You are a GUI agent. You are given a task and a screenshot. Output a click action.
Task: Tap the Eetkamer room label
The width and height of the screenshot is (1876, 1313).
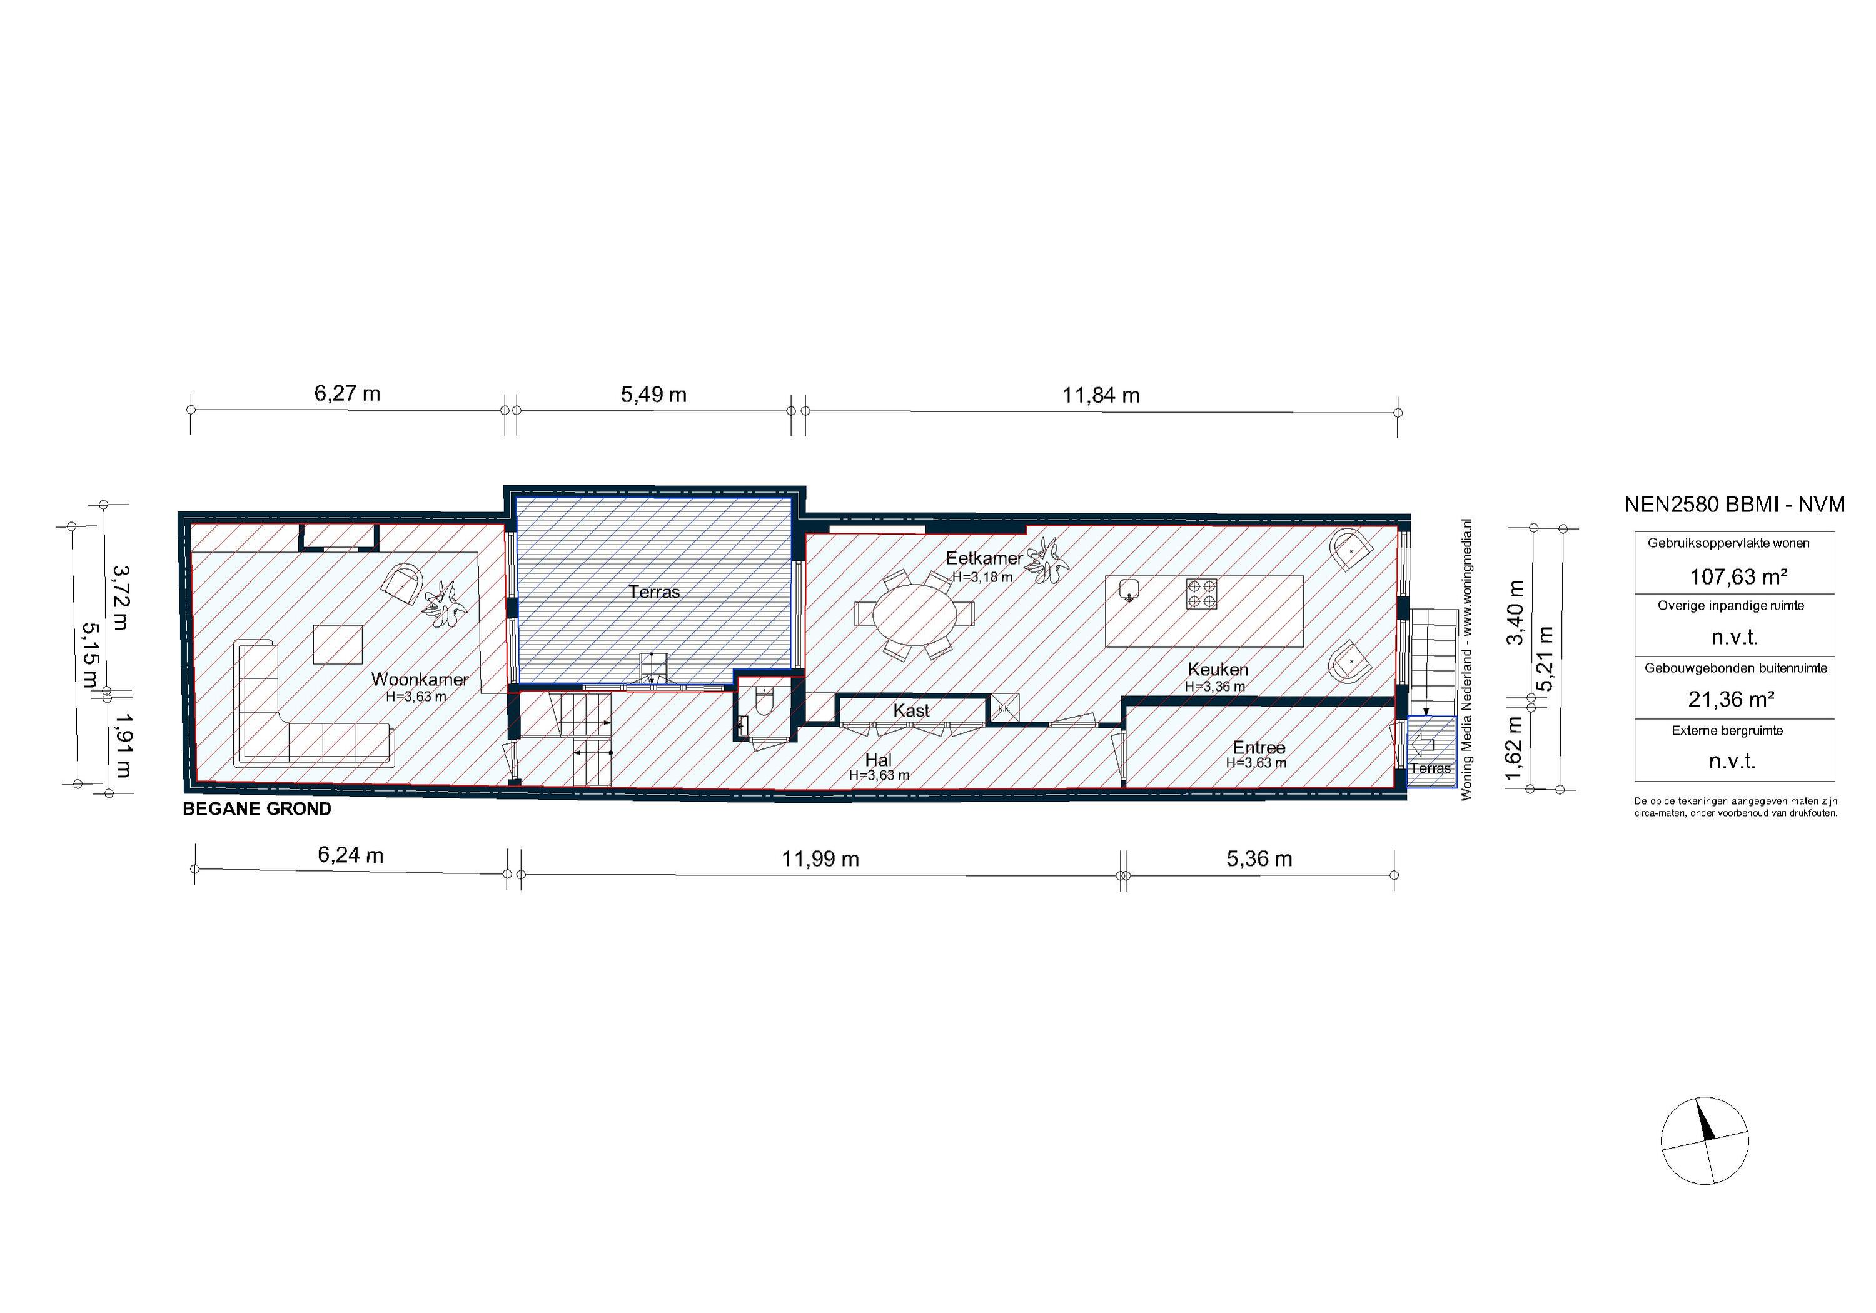pos(983,558)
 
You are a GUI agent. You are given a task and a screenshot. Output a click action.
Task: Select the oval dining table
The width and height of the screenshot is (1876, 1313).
pos(914,615)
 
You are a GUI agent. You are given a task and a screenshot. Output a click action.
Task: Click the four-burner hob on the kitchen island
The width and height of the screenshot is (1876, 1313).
pos(1201,593)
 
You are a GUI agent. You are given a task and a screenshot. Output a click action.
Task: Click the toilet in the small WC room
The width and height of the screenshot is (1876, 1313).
pos(765,701)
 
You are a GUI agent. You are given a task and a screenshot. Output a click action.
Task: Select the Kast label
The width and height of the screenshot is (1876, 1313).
pos(911,711)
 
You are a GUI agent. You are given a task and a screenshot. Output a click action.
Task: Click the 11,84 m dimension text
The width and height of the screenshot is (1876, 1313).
pos(1100,395)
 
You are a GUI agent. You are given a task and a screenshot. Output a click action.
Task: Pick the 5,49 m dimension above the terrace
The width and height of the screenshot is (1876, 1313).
pos(653,395)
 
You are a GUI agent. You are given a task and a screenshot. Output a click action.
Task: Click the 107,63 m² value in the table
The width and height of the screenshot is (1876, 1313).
pos(1738,577)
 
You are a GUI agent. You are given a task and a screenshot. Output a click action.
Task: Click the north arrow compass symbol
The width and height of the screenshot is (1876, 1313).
pos(1705,1140)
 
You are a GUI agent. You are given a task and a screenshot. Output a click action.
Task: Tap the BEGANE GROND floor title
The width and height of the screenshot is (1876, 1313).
pos(256,809)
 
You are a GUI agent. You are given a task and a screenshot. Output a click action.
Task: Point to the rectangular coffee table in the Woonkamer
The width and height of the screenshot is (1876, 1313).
pos(338,644)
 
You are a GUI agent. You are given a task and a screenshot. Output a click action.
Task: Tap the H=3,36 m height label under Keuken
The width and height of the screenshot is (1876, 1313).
pos(1214,687)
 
